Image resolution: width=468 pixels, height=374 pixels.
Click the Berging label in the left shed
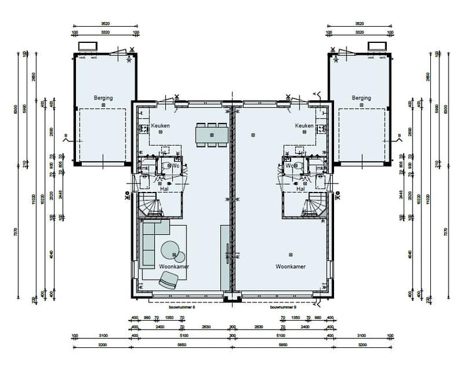click(103, 98)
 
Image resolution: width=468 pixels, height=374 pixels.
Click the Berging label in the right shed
click(361, 98)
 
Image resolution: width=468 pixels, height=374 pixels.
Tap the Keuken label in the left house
click(160, 126)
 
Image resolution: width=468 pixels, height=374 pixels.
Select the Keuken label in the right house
click(304, 126)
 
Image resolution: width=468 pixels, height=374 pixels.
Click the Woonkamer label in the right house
click(291, 267)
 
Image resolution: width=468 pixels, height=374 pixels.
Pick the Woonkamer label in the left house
click(174, 267)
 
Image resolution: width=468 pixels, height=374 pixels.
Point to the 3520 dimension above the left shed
click(105, 23)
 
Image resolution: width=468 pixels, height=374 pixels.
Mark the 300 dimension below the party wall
click(232, 336)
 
